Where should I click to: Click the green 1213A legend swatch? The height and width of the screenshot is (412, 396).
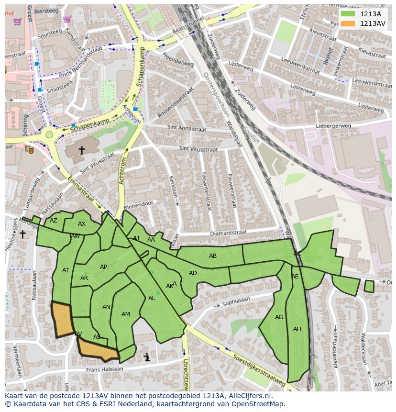348,14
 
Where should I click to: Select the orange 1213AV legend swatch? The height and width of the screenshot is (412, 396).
348,23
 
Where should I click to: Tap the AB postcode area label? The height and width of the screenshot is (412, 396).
213,256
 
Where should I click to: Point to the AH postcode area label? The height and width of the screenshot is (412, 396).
297,329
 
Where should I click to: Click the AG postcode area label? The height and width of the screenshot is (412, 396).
279,317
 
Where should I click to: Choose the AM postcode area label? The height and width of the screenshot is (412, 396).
125,314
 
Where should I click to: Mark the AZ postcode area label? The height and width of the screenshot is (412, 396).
54,221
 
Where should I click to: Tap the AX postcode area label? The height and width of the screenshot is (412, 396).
82,224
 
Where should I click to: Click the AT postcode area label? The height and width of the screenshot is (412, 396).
66,270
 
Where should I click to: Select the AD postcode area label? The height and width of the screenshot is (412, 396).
193,273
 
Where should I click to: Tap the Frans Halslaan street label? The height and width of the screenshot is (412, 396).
104,369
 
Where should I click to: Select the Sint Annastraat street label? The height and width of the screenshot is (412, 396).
187,128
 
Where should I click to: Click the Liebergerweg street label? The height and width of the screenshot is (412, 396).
333,126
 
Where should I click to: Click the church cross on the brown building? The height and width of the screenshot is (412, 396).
82,150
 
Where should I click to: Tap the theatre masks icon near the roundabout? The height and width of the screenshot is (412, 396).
29,149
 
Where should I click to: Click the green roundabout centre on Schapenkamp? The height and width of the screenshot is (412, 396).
49,134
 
